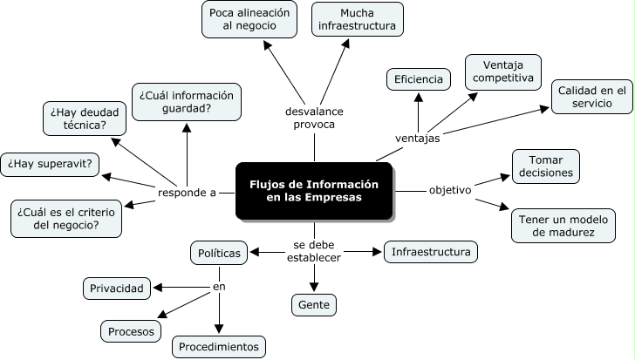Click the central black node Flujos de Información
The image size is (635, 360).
point(314,191)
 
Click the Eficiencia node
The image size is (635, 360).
point(418,79)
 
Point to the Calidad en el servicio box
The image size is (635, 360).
point(592,97)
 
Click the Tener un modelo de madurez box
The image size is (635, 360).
point(563,225)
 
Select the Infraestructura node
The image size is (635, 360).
point(431,253)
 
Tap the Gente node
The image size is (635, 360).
point(313,304)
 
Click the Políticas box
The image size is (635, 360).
point(220,253)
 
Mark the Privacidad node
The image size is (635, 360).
point(119,287)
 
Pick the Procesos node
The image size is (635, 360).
point(131,331)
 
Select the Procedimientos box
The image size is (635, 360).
point(218,347)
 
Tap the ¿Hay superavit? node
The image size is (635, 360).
point(51,163)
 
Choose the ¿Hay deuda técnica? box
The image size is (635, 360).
point(79,119)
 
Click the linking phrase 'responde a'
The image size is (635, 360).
point(187,193)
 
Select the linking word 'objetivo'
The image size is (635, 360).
point(450,190)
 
